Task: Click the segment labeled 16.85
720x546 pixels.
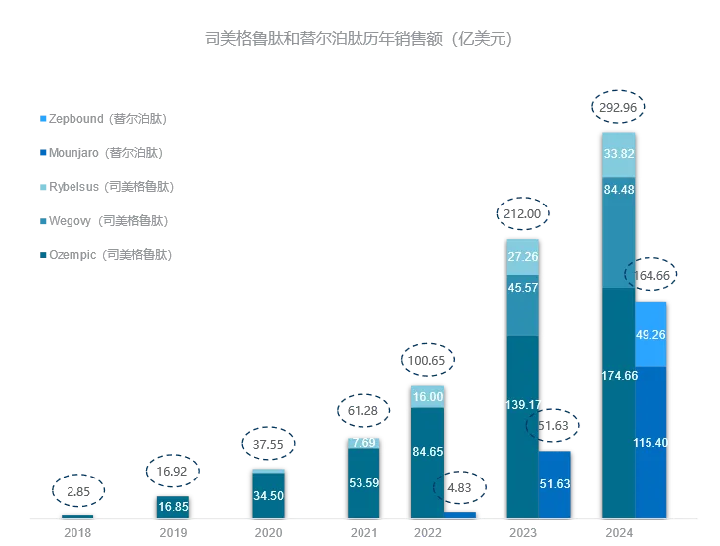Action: pyautogui.click(x=173, y=506)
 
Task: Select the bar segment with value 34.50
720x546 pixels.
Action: pyautogui.click(x=268, y=494)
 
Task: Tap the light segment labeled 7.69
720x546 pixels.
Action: pyautogui.click(x=362, y=443)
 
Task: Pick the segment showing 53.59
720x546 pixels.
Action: pyautogui.click(x=362, y=483)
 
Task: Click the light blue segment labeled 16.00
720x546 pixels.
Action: pyautogui.click(x=427, y=396)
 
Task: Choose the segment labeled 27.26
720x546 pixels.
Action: pyautogui.click(x=522, y=256)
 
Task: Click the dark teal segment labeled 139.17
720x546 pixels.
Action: pyautogui.click(x=522, y=427)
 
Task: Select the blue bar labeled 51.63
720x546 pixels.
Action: pyautogui.click(x=555, y=484)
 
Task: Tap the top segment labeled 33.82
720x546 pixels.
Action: pyautogui.click(x=619, y=154)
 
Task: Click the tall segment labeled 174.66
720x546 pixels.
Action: pyautogui.click(x=619, y=402)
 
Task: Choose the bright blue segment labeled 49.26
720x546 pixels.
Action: pyautogui.click(x=650, y=334)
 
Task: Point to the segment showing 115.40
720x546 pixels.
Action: pyautogui.click(x=650, y=442)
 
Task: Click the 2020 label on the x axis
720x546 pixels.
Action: pyautogui.click(x=268, y=533)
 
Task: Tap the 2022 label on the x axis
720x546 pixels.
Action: pyautogui.click(x=427, y=533)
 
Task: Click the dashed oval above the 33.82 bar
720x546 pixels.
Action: pyautogui.click(x=618, y=108)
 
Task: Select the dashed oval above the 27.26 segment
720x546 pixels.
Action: pyautogui.click(x=522, y=213)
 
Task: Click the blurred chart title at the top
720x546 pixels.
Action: pyautogui.click(x=359, y=40)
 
